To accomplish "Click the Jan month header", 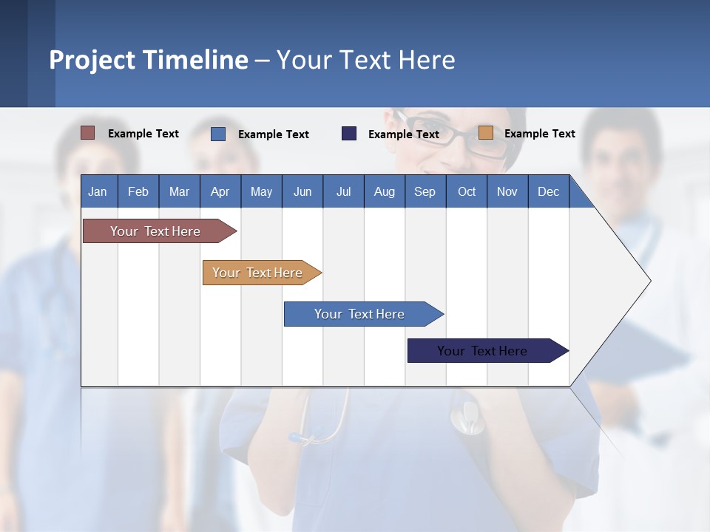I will coord(98,191).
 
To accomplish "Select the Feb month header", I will coord(138,191).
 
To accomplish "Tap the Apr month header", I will coord(220,191).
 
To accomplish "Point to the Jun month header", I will coord(302,191).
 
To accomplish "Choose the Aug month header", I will coord(384,191).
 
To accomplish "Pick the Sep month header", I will coord(425,191).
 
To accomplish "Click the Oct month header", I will coord(467,191).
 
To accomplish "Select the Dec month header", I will coord(548,191).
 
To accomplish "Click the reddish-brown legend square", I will coord(88,133).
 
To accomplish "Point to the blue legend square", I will coord(218,134).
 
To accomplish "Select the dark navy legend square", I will coord(349,134).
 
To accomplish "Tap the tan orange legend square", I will coord(486,133).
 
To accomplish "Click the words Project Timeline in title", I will coord(149,60).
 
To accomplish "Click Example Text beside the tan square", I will coord(539,134).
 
